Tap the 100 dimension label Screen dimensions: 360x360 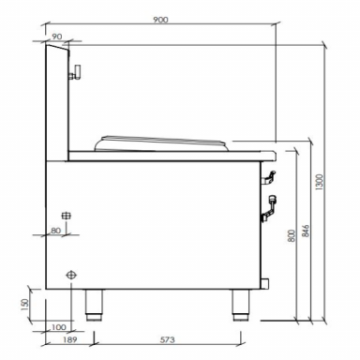(61, 326)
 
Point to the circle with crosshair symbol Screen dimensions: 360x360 (71, 275)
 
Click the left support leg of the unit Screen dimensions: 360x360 (94, 303)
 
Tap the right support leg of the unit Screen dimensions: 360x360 (239, 303)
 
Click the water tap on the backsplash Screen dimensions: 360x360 (79, 71)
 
